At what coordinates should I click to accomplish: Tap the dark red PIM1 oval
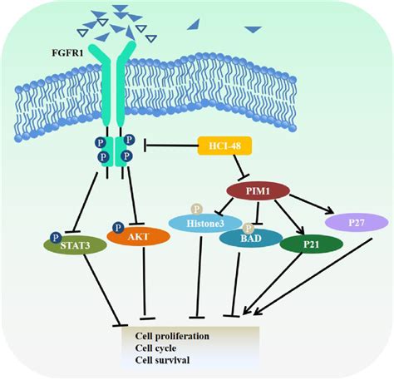click(x=257, y=193)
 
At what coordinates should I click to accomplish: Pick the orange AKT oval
click(x=139, y=236)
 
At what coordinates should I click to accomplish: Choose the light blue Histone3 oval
click(x=204, y=222)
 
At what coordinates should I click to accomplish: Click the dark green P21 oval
click(x=311, y=244)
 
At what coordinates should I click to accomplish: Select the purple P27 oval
click(x=357, y=221)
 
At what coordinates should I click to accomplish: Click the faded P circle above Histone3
click(x=197, y=209)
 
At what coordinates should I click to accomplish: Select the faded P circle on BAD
click(x=249, y=227)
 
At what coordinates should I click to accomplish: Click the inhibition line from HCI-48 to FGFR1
click(x=170, y=147)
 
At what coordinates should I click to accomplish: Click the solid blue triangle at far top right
click(x=253, y=30)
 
